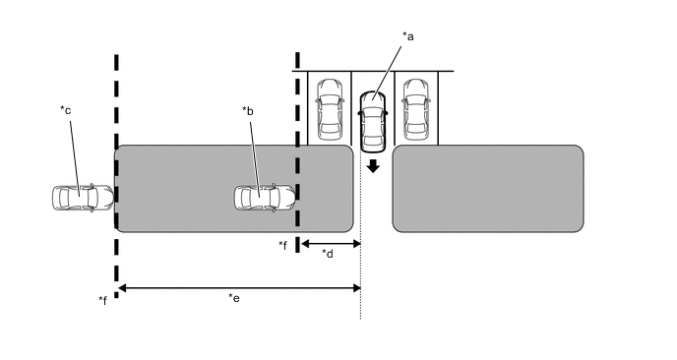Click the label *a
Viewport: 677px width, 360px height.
408,36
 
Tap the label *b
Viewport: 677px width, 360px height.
248,111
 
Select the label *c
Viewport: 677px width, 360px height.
66,110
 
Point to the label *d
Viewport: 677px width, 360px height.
328,254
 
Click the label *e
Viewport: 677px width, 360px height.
234,298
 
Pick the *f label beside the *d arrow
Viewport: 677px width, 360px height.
282,245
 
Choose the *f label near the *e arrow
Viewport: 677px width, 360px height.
102,300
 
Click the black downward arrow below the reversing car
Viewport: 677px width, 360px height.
373,166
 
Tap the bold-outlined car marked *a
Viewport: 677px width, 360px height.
373,122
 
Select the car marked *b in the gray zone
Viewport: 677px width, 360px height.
265,198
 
